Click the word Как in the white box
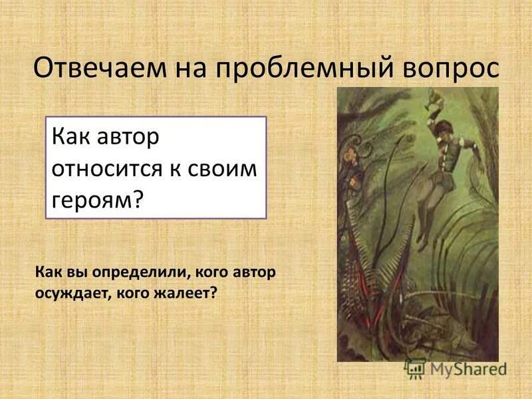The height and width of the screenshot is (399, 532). click(70, 140)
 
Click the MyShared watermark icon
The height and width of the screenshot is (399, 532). click(416, 368)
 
